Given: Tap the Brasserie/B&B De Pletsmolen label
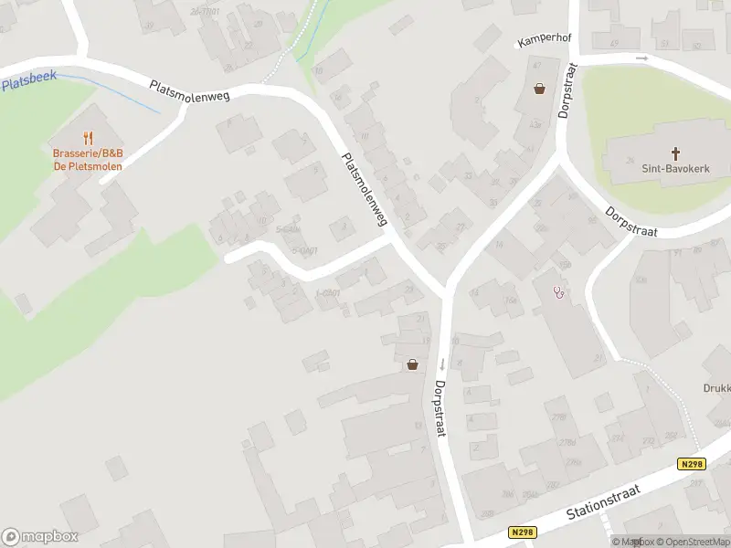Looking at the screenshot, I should (x=88, y=160).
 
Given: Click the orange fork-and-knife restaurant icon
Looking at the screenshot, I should (x=88, y=139).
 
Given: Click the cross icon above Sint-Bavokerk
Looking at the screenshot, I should (x=676, y=153).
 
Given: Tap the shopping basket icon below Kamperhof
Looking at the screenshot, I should (x=539, y=89).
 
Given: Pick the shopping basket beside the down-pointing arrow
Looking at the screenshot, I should (x=412, y=364).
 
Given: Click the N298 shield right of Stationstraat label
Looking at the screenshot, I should (x=693, y=464).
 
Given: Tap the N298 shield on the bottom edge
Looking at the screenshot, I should (x=521, y=532).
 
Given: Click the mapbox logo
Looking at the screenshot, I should (x=40, y=537).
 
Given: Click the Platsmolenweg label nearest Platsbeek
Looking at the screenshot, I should (x=189, y=90).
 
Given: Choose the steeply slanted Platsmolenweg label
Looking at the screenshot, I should (x=365, y=189).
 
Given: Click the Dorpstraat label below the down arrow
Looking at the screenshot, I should (x=440, y=408).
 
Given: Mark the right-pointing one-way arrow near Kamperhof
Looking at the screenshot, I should (x=642, y=58).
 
